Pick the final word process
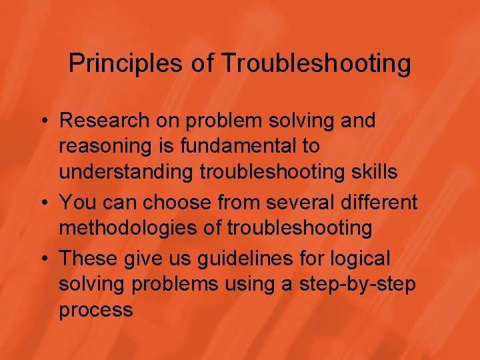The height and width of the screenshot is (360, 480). pyautogui.click(x=96, y=311)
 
